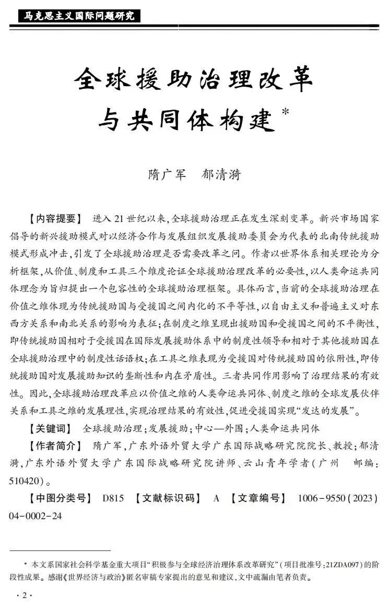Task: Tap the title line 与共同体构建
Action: (186, 121)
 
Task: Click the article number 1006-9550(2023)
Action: (337, 498)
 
